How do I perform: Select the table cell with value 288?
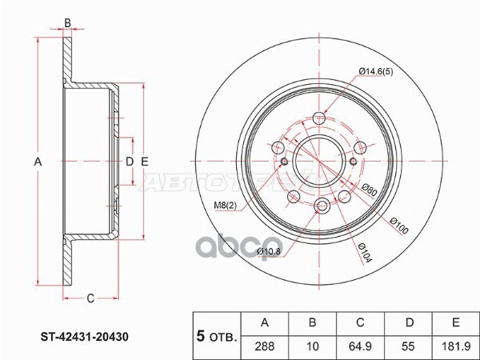(x=263, y=346)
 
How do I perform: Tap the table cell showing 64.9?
(x=360, y=346)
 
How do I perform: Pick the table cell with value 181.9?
(x=454, y=346)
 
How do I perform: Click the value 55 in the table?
(x=408, y=346)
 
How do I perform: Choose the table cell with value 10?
(x=312, y=346)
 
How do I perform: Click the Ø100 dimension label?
(x=400, y=226)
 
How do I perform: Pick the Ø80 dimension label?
(x=369, y=191)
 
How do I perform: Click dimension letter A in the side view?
(x=37, y=162)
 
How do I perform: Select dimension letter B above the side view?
(x=68, y=22)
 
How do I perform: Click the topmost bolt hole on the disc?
(x=320, y=118)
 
